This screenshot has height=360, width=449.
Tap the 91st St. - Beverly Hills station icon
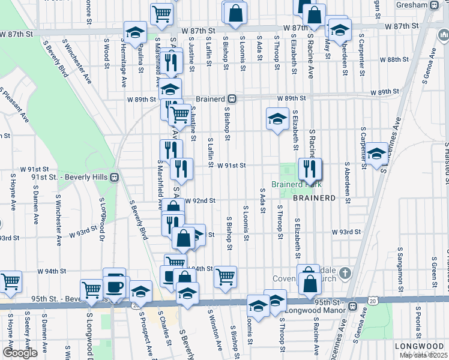click(x=113, y=177)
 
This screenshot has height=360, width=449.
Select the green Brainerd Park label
click(x=292, y=185)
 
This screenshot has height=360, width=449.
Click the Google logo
click(x=20, y=353)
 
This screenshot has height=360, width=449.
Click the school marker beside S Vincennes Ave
click(x=376, y=154)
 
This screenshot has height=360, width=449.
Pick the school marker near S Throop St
click(x=277, y=118)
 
